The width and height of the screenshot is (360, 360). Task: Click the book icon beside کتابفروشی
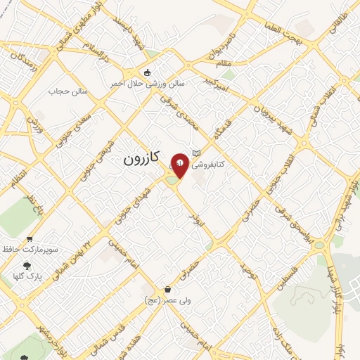point(198,153)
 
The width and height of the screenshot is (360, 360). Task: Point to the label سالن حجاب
point(67,91)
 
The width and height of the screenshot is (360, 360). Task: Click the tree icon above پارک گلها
point(27,266)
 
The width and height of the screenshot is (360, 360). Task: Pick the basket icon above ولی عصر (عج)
point(167,289)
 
